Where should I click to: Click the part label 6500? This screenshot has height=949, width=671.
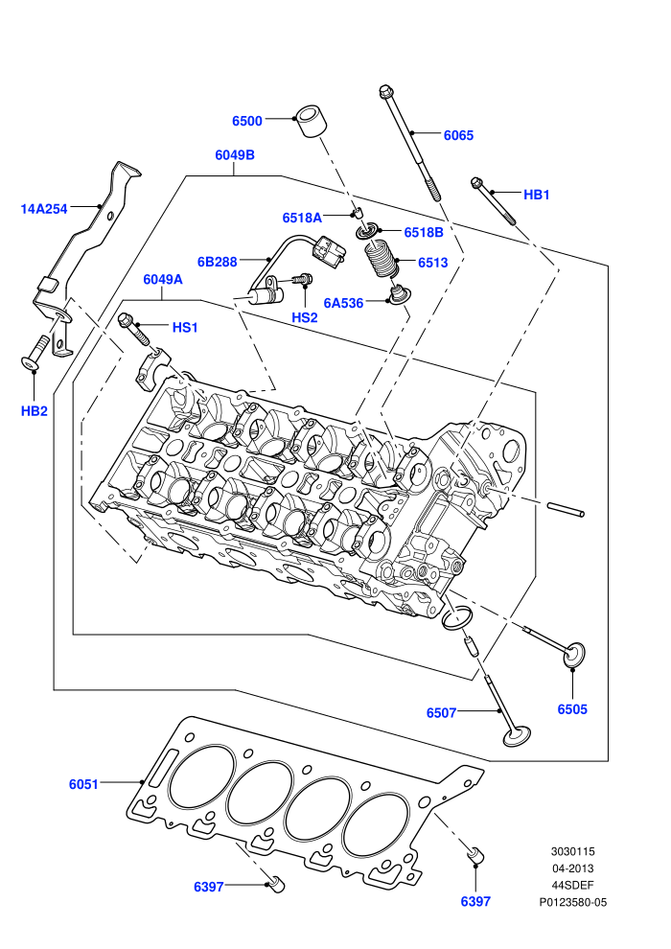click(x=247, y=121)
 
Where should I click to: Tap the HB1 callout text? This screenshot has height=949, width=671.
click(x=536, y=195)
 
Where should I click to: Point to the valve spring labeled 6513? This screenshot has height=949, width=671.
click(x=382, y=259)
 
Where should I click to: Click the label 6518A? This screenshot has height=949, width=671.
click(x=302, y=218)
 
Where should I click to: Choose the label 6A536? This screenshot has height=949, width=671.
click(x=343, y=303)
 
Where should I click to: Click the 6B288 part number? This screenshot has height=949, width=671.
click(x=218, y=262)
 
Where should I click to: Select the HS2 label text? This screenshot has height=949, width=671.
click(x=304, y=317)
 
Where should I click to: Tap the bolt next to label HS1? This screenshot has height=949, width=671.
click(x=133, y=329)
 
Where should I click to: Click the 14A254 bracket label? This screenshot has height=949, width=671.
click(x=43, y=209)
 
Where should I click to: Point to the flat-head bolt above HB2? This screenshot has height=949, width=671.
click(x=36, y=352)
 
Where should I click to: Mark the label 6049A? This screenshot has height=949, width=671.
click(x=163, y=280)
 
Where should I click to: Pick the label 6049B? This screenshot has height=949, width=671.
click(x=235, y=155)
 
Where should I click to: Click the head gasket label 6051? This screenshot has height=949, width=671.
click(x=83, y=784)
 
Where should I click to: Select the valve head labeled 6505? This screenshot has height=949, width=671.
click(x=574, y=655)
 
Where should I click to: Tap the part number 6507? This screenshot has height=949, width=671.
click(x=441, y=713)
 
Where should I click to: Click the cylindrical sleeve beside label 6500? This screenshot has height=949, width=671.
click(x=311, y=122)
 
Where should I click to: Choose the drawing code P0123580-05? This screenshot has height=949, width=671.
click(x=573, y=902)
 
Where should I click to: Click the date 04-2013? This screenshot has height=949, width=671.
click(x=572, y=868)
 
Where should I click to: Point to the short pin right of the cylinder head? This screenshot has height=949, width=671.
click(x=566, y=510)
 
